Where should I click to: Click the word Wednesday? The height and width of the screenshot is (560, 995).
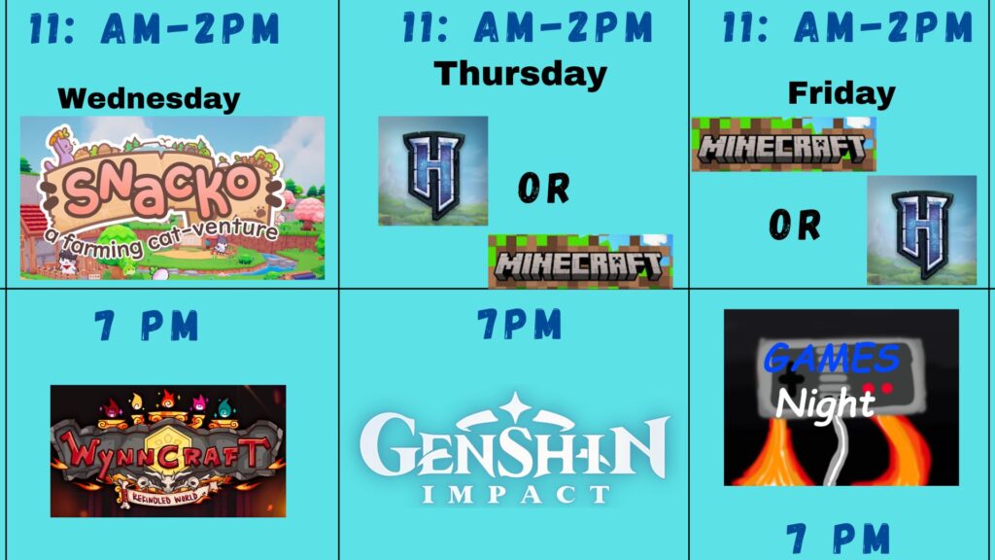149,99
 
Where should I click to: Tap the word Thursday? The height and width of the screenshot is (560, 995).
521,74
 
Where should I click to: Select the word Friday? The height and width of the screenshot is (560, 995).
841,94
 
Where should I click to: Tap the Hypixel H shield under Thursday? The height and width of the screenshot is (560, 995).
433,171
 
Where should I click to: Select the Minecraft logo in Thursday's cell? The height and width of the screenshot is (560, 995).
580,262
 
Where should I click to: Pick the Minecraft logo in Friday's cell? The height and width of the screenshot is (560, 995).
784,144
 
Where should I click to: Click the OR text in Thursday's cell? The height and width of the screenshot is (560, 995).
544,188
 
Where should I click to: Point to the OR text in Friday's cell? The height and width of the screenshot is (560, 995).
795,226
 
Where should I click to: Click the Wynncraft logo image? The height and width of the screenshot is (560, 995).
168,451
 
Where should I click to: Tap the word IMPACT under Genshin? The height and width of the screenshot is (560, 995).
515,494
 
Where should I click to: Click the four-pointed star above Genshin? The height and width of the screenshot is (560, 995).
515,406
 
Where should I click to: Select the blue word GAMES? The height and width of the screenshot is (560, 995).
832,359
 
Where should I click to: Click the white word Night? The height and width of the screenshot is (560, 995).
825,403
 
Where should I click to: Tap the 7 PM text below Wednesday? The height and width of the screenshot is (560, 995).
147,326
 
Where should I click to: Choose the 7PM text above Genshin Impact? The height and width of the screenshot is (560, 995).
520,324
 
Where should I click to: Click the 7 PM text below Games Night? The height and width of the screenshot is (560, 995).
838,539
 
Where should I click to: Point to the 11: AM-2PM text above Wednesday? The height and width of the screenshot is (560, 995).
154,28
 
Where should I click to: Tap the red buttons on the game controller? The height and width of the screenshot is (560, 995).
877,387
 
